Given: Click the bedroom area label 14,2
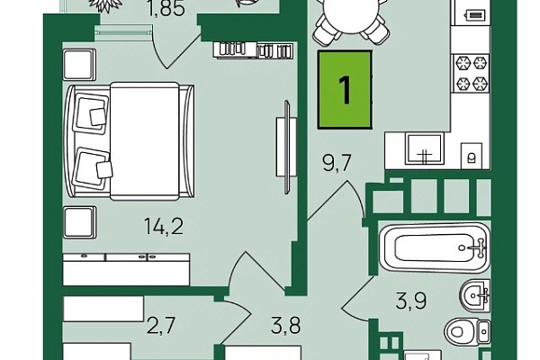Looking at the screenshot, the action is (x=164, y=227).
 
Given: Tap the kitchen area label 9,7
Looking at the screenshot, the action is (x=337, y=163).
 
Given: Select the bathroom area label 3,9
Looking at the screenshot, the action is (x=411, y=301).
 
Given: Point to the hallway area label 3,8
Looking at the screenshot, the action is (x=285, y=326).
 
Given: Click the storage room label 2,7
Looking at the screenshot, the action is (x=161, y=326).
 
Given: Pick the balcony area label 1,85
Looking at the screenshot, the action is (x=166, y=9).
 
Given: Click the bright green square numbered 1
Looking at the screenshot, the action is (x=345, y=90).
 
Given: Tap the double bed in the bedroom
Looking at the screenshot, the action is (x=130, y=141).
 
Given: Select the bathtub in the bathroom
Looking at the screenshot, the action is (x=435, y=247).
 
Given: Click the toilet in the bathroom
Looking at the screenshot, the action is (x=466, y=331).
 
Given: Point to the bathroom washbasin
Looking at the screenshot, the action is (x=474, y=295).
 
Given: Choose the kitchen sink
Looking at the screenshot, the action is (x=425, y=148).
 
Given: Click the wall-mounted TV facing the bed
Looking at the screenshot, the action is (x=286, y=147).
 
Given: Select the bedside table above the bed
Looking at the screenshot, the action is (x=79, y=65).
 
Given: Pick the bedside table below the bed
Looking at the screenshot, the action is (x=79, y=222).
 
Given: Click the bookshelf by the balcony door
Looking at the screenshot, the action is (x=253, y=50).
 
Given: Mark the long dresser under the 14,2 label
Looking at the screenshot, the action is (x=126, y=269).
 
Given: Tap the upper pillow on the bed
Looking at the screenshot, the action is (x=91, y=112).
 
